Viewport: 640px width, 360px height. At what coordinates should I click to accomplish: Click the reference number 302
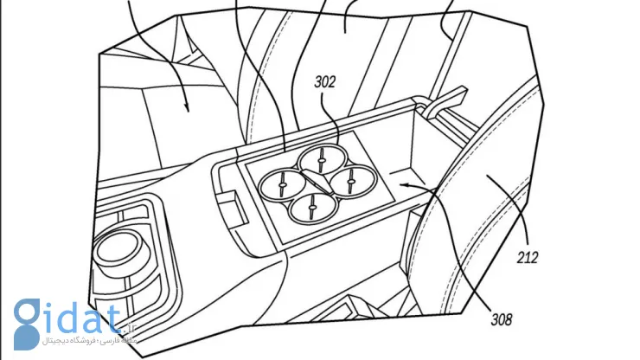pos(325,83)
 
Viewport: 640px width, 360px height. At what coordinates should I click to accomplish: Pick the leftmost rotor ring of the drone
pos(284,183)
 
